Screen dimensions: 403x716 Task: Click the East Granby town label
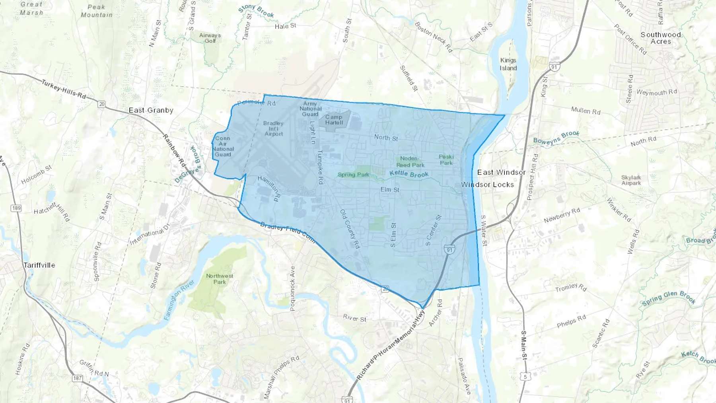pos(151,110)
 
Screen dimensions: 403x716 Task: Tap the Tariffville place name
pos(39,265)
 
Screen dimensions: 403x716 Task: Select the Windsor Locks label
pos(487,185)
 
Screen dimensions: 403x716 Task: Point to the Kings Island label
pos(508,64)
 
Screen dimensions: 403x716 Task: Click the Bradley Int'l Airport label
pos(274,128)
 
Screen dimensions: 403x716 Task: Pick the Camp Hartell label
pos(334,119)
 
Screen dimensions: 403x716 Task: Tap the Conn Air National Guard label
pos(223,146)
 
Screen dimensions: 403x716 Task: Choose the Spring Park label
pos(353,175)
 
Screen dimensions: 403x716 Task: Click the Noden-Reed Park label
pos(410,162)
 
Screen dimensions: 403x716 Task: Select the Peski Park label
pos(446,160)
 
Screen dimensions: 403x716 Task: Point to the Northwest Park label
pos(220,278)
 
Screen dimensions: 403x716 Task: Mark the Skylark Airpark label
pos(631,180)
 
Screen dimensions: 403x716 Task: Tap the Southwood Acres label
pos(661,38)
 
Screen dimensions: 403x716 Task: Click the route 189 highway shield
pos(16,208)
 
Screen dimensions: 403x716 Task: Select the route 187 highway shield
pos(77,378)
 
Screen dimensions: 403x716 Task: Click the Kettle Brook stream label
pos(409,174)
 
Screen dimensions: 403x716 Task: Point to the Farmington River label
pos(179,300)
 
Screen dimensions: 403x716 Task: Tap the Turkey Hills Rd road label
pos(64,89)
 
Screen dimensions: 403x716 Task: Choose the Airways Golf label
pos(210,38)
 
